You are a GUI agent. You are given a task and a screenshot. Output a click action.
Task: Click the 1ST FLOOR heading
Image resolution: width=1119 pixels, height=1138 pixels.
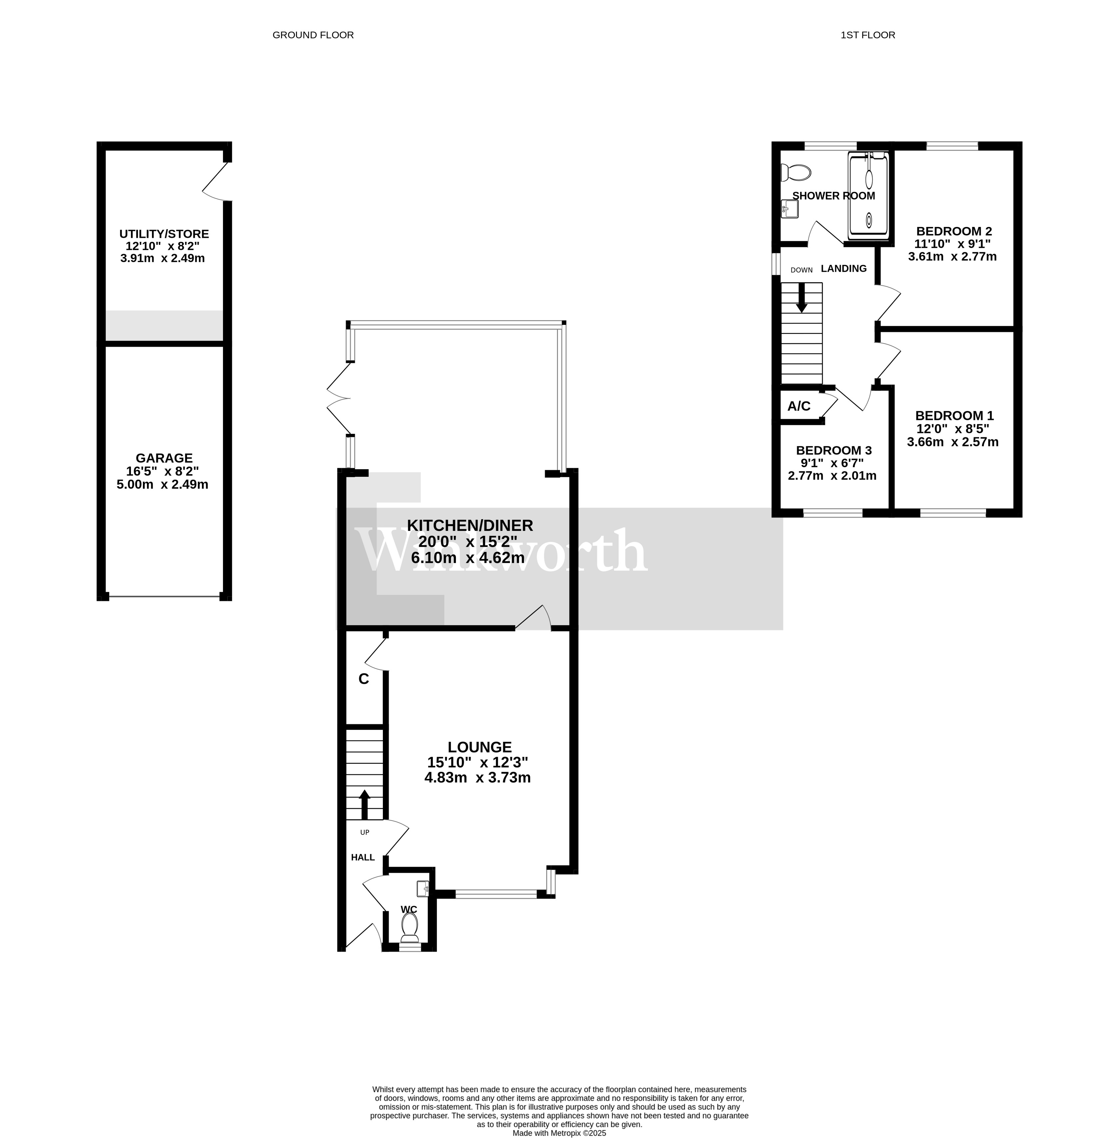[x=867, y=35]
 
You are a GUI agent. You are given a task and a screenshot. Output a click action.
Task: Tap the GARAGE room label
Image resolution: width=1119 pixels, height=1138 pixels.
[x=164, y=458]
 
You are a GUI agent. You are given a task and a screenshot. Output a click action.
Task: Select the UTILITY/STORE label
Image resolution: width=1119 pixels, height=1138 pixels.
[x=164, y=234]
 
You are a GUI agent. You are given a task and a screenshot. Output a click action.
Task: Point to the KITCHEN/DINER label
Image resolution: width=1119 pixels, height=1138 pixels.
[x=470, y=525]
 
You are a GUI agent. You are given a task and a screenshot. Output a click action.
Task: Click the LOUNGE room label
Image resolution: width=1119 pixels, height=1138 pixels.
[x=480, y=747]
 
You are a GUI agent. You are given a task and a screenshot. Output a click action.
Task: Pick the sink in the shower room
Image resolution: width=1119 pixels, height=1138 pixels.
[x=789, y=209]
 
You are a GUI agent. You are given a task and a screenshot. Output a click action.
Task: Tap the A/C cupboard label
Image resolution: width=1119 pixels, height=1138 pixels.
[x=799, y=406]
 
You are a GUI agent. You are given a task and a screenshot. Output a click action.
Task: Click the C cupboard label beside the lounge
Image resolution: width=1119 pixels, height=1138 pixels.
[x=364, y=679]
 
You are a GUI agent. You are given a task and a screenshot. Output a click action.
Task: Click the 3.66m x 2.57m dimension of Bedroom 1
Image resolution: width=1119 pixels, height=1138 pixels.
[x=953, y=442]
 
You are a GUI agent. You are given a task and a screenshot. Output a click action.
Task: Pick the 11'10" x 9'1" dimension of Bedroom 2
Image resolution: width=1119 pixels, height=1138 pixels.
[x=953, y=244]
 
